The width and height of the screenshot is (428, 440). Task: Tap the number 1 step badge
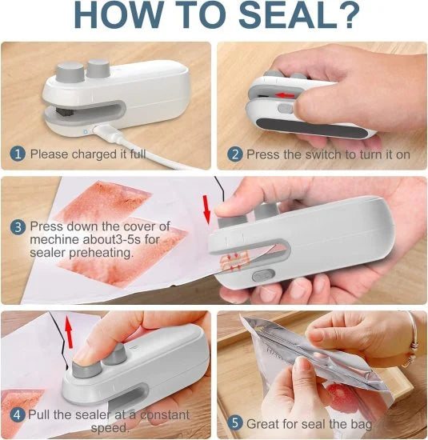pyautogui.click(x=17, y=154)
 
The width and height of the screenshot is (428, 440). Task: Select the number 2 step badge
pyautogui.click(x=234, y=154)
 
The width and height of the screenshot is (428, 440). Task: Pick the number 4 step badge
pyautogui.click(x=17, y=414)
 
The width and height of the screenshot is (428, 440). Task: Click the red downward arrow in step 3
pyautogui.click(x=206, y=210)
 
